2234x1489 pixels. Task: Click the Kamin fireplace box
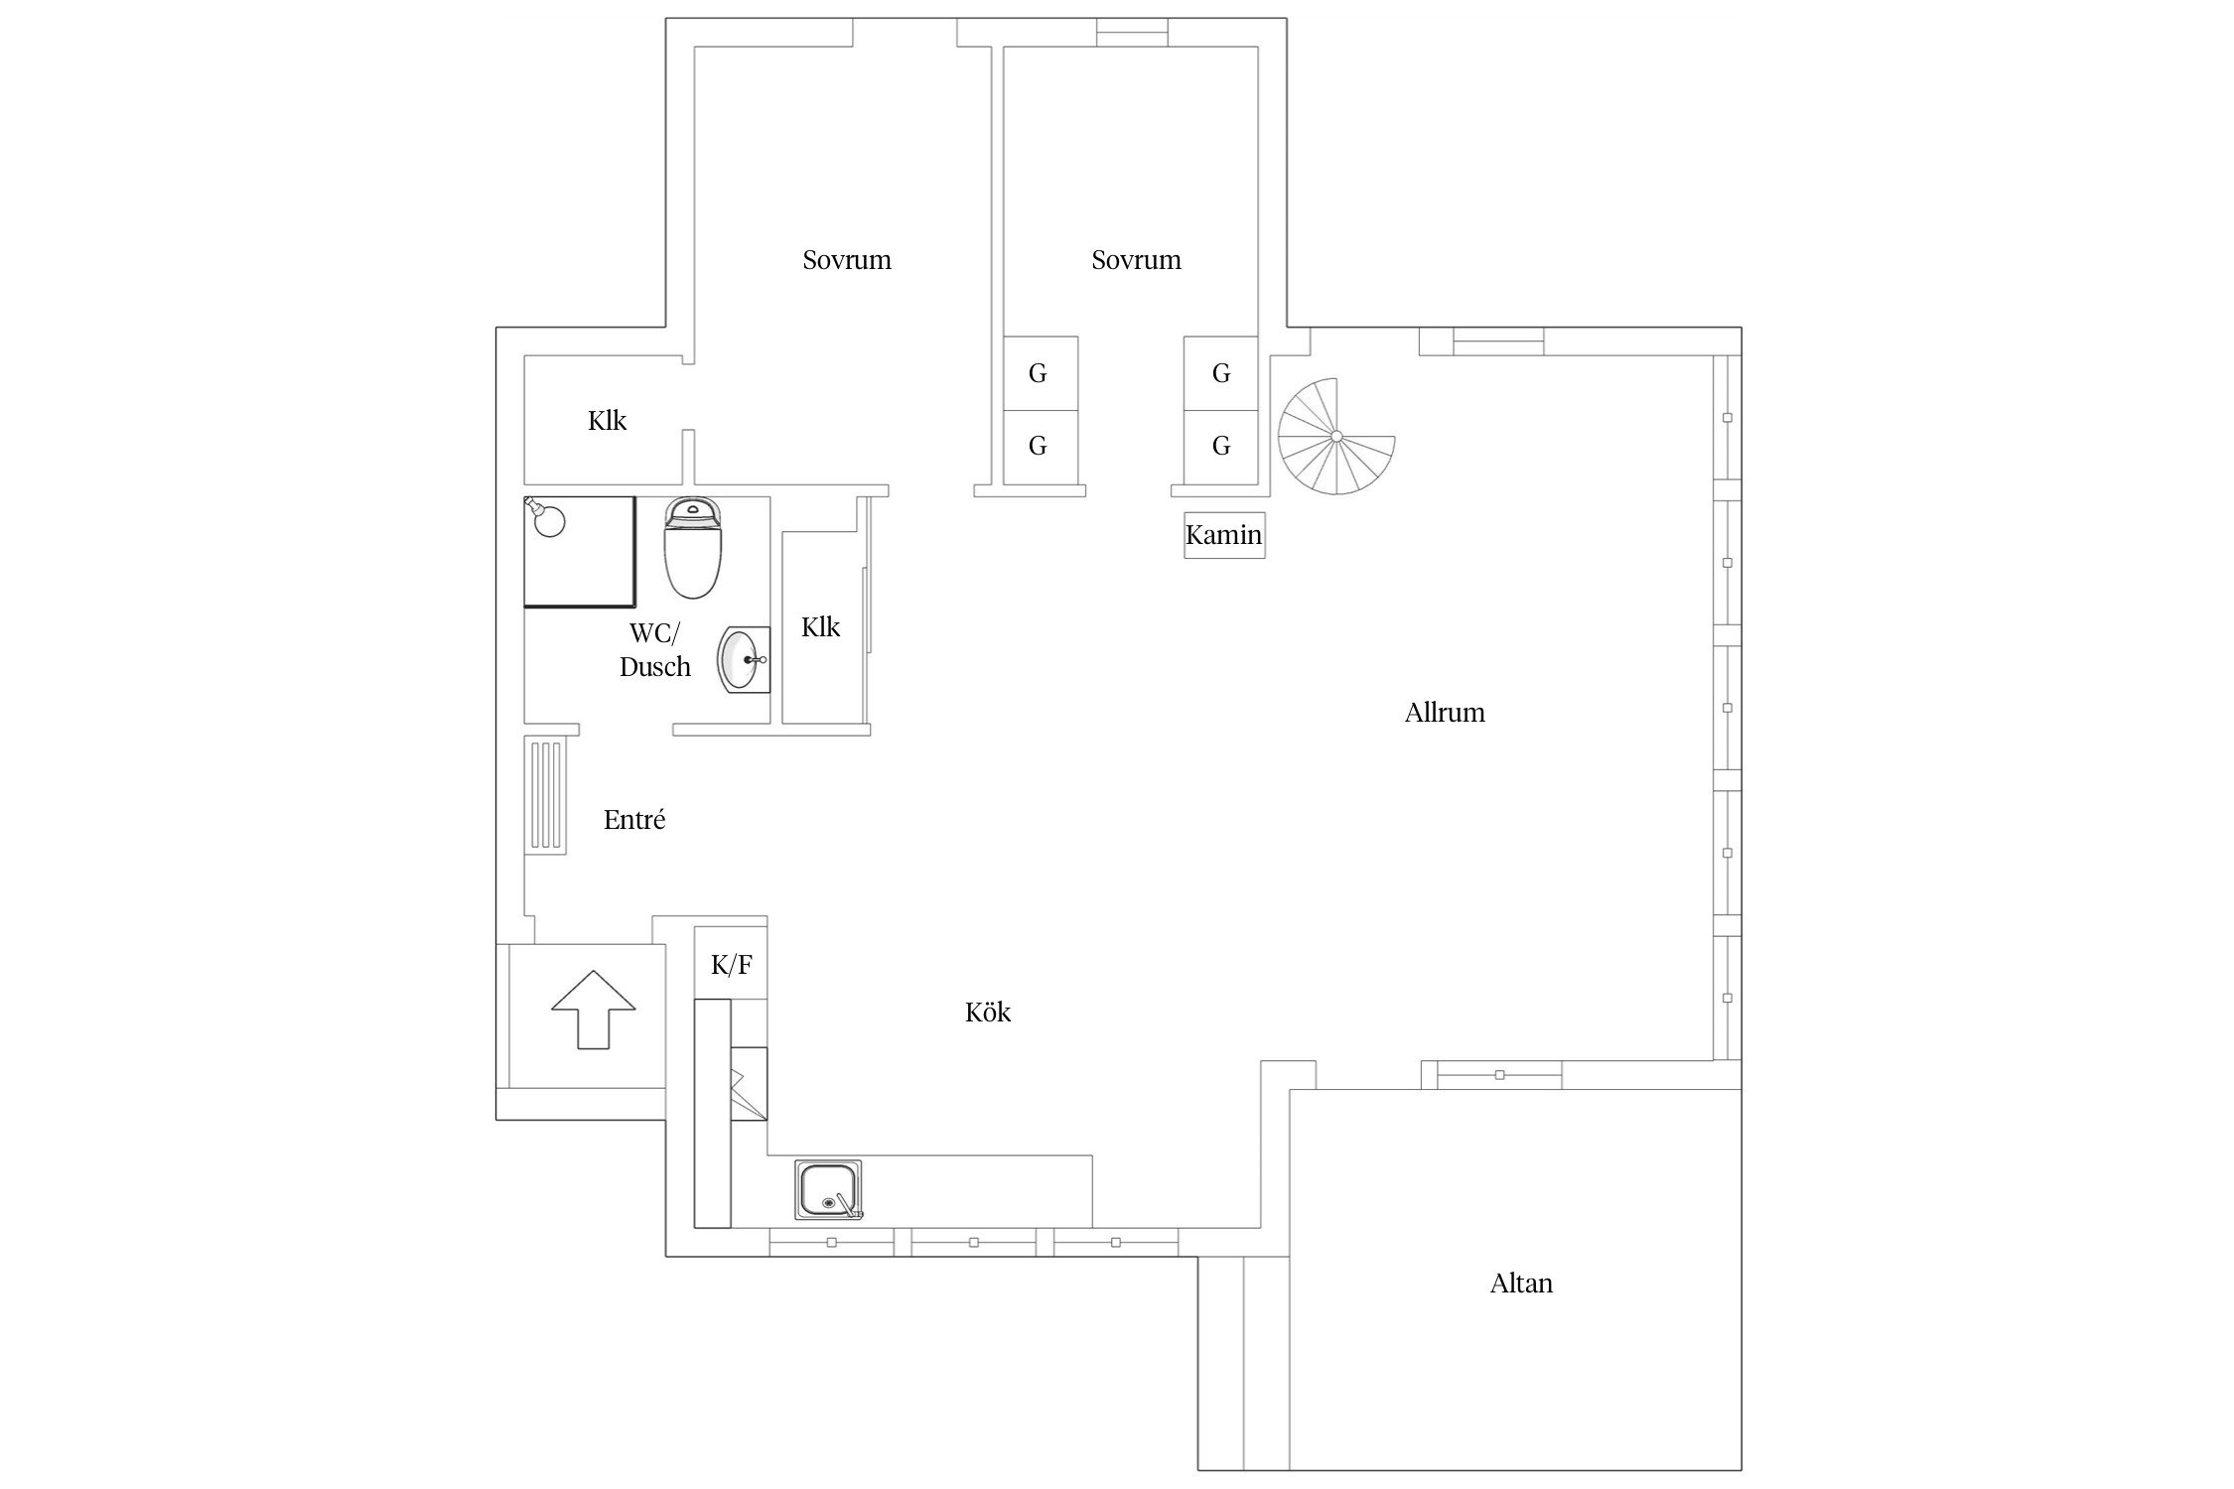pyautogui.click(x=1224, y=535)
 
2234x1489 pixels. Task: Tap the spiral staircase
pyautogui.click(x=1336, y=436)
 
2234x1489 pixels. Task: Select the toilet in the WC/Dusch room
pyautogui.click(x=693, y=548)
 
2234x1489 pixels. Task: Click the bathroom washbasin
pyautogui.click(x=744, y=658)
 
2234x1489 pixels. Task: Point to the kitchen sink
pyautogui.click(x=829, y=1189)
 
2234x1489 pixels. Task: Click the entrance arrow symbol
pyautogui.click(x=593, y=1010)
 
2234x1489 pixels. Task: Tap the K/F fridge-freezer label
pyautogui.click(x=732, y=964)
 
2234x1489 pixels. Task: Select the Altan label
pyautogui.click(x=1521, y=1284)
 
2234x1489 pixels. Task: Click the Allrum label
pyautogui.click(x=1445, y=713)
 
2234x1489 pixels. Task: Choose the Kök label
pyautogui.click(x=988, y=1013)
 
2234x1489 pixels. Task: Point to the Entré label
pyautogui.click(x=634, y=820)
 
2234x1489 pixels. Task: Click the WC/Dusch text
pyautogui.click(x=655, y=650)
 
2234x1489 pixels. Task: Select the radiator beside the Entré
pyautogui.click(x=545, y=795)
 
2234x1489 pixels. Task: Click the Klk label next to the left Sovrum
pyautogui.click(x=607, y=421)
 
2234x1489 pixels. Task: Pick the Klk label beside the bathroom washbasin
pyautogui.click(x=820, y=627)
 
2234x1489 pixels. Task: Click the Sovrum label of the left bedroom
pyautogui.click(x=847, y=260)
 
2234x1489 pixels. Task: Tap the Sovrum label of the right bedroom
pyautogui.click(x=1137, y=260)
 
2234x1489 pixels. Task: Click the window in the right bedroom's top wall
pyautogui.click(x=1132, y=33)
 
